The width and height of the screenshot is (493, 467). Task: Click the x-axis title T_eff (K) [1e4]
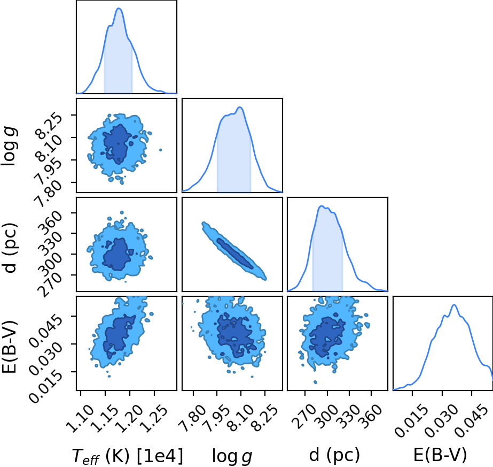click(x=127, y=455)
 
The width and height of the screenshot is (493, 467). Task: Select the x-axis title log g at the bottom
click(x=232, y=456)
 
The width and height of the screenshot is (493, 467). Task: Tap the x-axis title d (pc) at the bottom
click(x=334, y=455)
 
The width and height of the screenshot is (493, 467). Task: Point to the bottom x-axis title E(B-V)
click(x=440, y=455)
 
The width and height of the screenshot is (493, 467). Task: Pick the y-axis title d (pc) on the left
click(x=10, y=248)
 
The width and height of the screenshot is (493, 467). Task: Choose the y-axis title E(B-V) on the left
click(x=9, y=347)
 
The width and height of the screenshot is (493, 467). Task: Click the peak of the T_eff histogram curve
click(x=119, y=8)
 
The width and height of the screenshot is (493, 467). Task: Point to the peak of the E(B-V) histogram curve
click(x=454, y=304)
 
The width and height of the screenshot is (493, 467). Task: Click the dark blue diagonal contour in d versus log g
click(x=234, y=254)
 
